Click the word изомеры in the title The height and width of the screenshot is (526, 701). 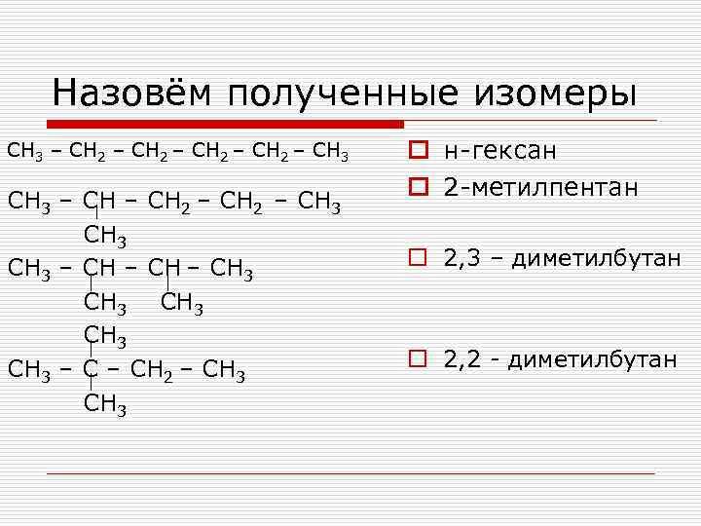[x=565, y=93]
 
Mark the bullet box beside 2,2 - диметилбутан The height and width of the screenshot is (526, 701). [x=418, y=359]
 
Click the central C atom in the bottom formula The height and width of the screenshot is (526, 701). [x=92, y=371]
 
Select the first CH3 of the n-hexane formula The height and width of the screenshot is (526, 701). [x=23, y=152]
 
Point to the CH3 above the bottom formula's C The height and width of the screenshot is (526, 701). [x=105, y=338]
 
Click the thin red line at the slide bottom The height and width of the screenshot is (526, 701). [x=350, y=474]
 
